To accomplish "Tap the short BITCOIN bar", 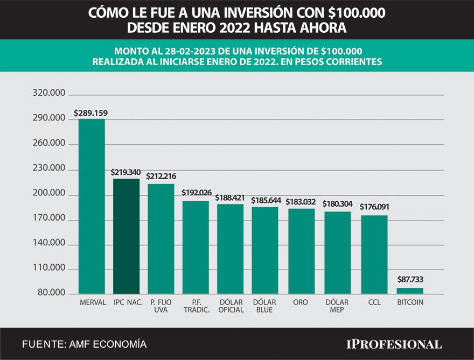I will [410, 291].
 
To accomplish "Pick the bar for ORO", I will [301, 251].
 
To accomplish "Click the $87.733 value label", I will [410, 280].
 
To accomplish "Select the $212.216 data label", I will [161, 176].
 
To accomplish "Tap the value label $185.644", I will [266, 200].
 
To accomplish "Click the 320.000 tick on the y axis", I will [49, 94].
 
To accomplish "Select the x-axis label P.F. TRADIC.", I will [196, 306].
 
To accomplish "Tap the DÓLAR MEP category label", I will [337, 306].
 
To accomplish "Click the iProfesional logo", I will [393, 344].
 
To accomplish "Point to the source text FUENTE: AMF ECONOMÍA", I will [84, 344].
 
